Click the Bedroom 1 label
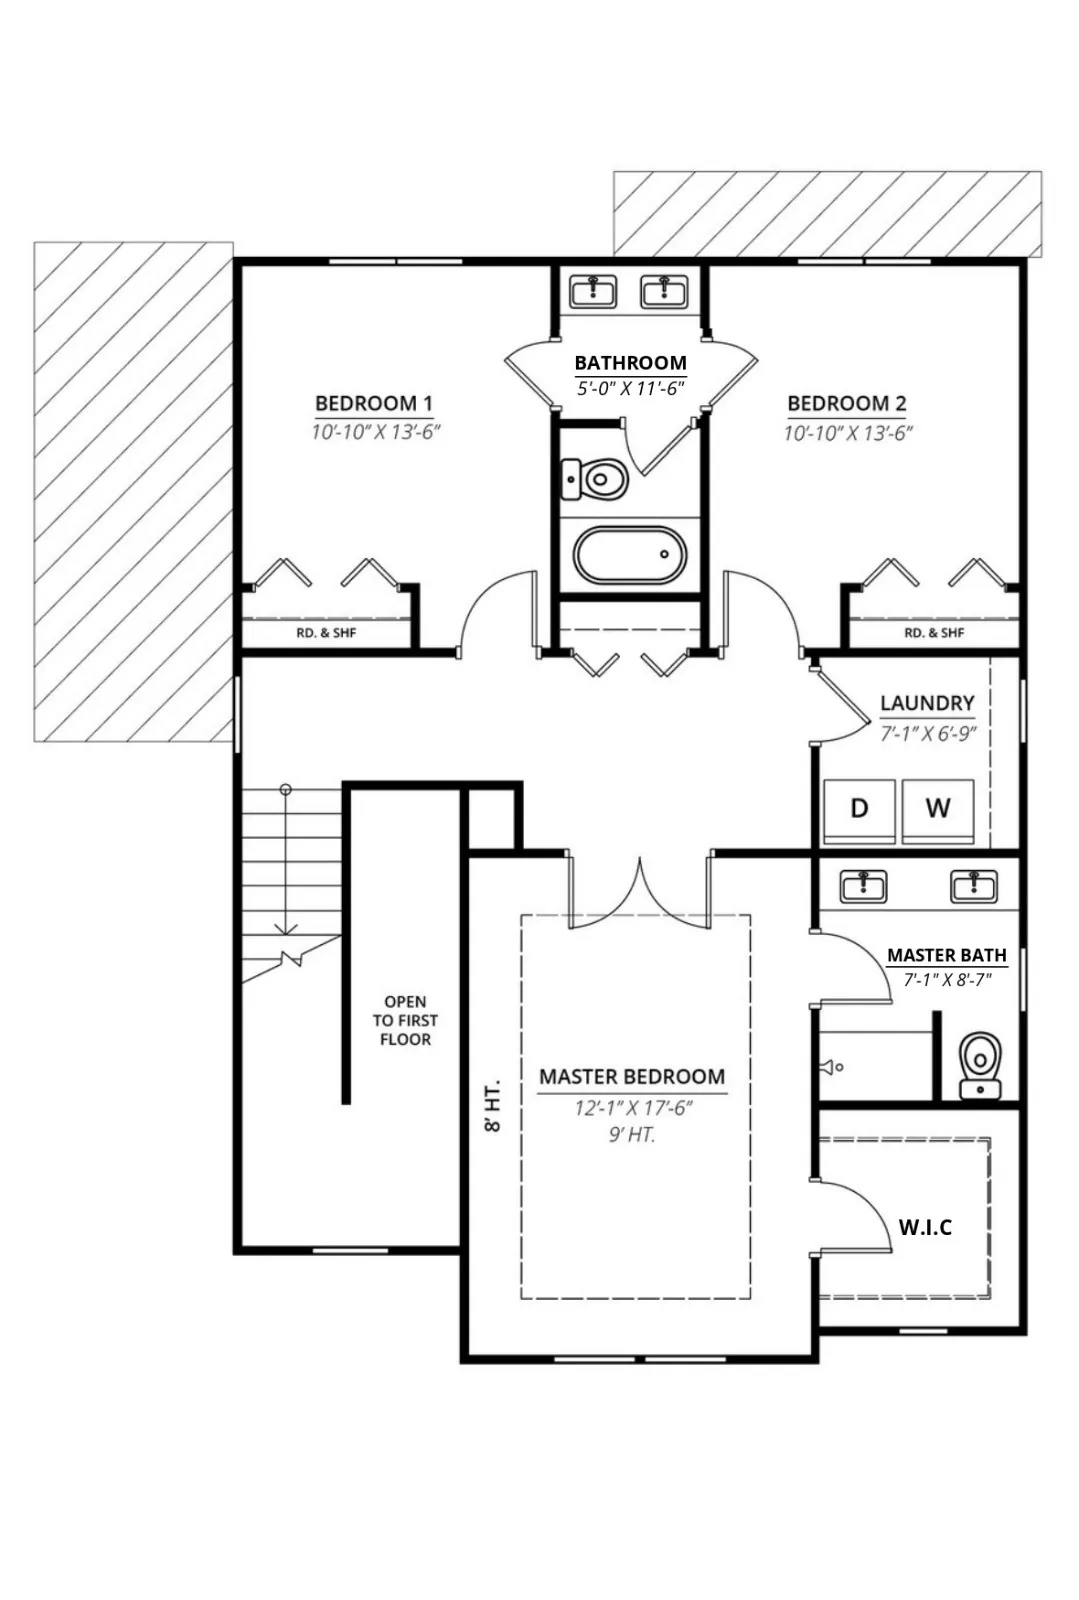coord(374,404)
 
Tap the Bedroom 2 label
coord(847,404)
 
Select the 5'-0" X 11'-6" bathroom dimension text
coord(631,389)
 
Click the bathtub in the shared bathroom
coord(630,554)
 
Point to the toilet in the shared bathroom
coord(594,479)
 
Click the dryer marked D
coord(860,811)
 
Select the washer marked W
coord(938,811)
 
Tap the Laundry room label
coord(927,704)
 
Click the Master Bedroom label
coord(632,1076)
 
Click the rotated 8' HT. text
coord(493,1105)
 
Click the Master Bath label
coord(947,955)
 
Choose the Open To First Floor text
coord(405,1021)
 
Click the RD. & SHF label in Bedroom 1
coord(326,633)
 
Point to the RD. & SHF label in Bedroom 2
coord(934,633)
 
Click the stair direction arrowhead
coord(286,929)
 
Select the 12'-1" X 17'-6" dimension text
coord(634,1108)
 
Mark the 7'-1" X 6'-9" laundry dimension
coord(928,734)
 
